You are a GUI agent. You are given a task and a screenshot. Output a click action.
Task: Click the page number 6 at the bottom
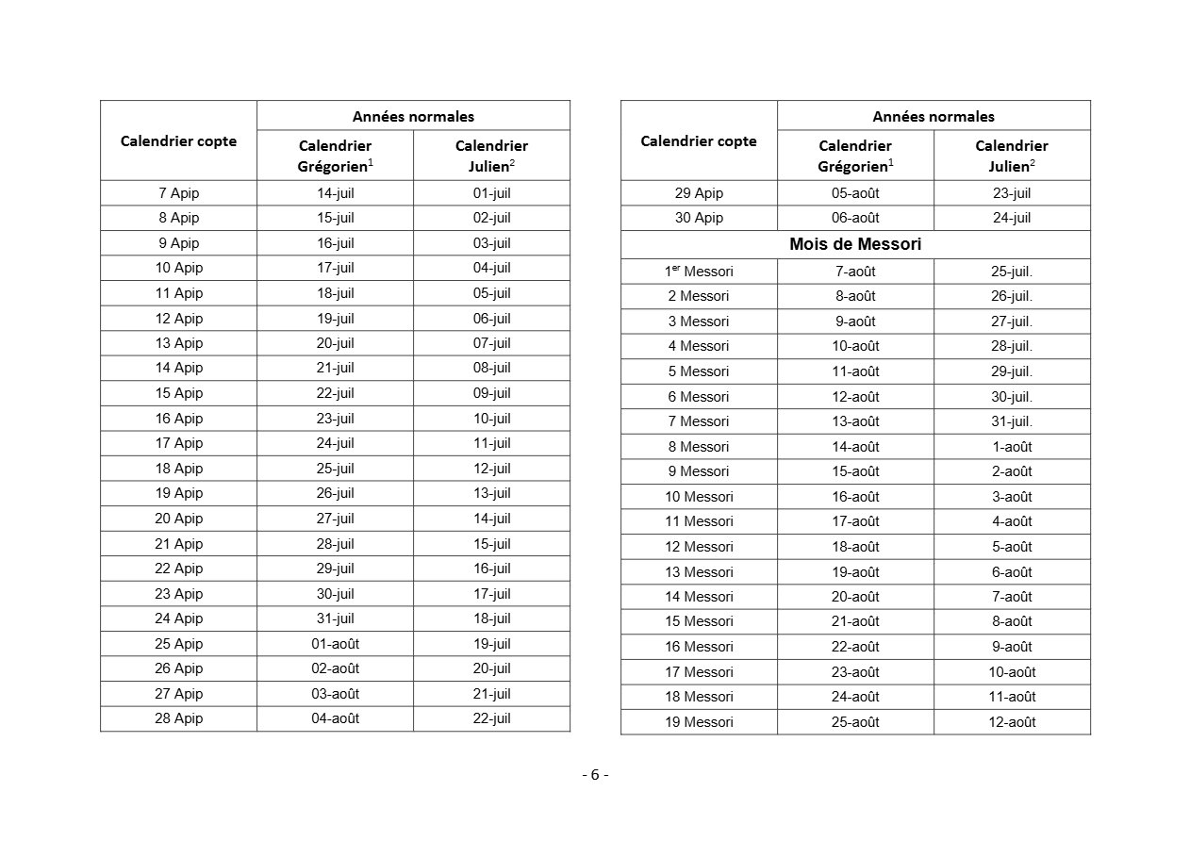(595, 775)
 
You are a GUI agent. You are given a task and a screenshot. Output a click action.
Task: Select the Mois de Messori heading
(855, 244)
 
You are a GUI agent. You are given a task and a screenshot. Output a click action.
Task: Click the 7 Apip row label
(178, 193)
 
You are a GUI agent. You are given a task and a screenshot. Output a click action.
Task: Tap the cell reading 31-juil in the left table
(335, 618)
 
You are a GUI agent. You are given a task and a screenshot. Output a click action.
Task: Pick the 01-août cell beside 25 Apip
(335, 644)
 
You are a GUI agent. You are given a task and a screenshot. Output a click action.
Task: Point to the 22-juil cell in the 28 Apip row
(491, 718)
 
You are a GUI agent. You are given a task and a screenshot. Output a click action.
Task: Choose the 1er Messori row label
(698, 272)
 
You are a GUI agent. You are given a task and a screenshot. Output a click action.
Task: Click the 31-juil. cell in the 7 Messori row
(1011, 421)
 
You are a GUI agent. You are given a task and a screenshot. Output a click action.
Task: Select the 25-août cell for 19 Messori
(855, 722)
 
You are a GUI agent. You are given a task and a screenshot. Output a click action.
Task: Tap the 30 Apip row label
(699, 218)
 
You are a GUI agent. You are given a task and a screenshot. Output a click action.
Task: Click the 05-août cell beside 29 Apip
(855, 193)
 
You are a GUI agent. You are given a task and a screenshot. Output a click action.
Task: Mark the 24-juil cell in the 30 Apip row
(1011, 218)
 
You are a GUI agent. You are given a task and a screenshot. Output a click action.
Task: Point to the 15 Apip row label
(178, 393)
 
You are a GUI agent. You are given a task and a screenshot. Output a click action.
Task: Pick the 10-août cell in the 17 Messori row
(1011, 672)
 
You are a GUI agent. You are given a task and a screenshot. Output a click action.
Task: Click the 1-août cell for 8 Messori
(1011, 447)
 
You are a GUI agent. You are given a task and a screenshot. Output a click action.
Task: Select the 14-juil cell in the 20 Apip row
(491, 519)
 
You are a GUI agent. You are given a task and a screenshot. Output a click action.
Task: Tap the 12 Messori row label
(699, 547)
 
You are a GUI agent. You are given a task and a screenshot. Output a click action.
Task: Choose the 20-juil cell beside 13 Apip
(335, 343)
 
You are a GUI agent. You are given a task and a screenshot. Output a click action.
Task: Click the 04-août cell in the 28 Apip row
(335, 718)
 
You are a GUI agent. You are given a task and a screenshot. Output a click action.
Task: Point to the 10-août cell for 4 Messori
(855, 346)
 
